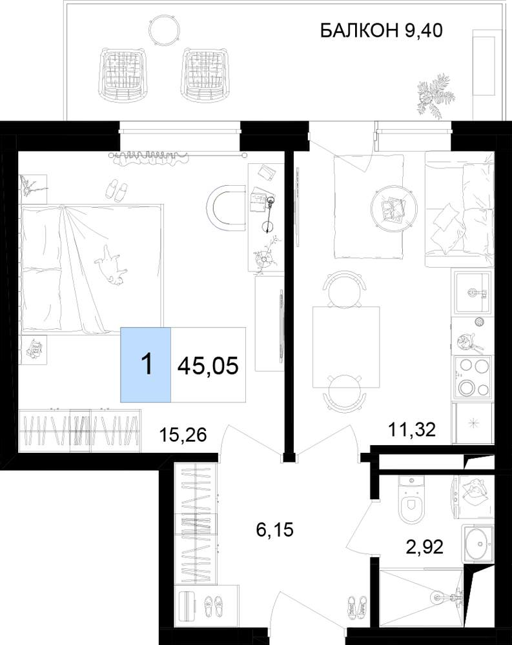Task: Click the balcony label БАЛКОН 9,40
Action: pyautogui.click(x=381, y=31)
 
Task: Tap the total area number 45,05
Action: pyautogui.click(x=208, y=365)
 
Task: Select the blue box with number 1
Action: pyautogui.click(x=145, y=364)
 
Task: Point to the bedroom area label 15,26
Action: pyautogui.click(x=183, y=435)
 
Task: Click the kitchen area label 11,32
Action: pyautogui.click(x=412, y=430)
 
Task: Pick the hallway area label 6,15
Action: pyautogui.click(x=275, y=530)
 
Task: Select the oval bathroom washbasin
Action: pyautogui.click(x=480, y=544)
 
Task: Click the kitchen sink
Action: pyautogui.click(x=473, y=292)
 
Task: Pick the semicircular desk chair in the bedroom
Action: pyautogui.click(x=226, y=207)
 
